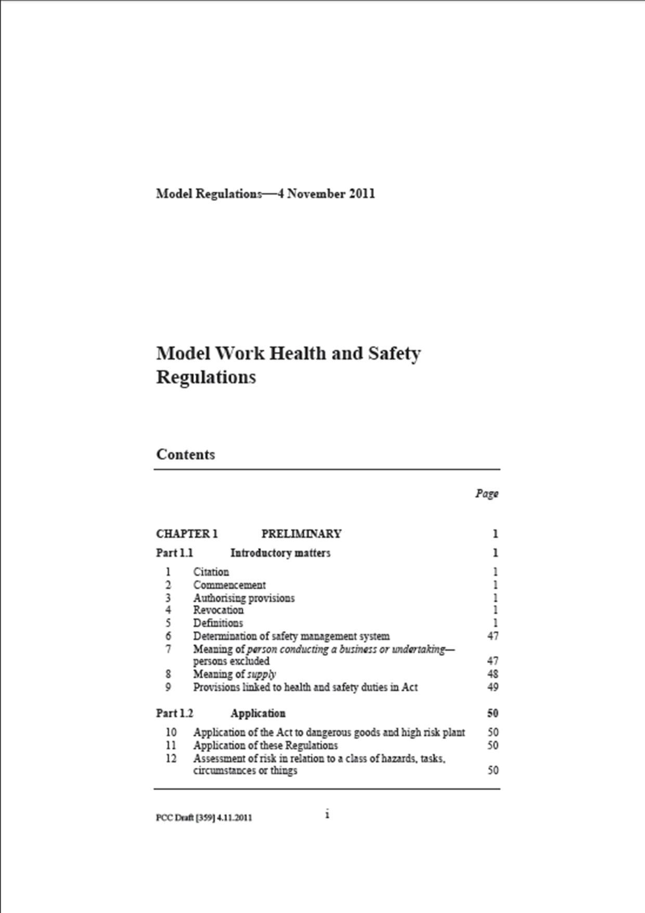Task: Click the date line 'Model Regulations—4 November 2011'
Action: coord(265,194)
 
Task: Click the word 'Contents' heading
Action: coord(185,454)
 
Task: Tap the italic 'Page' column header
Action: coord(486,493)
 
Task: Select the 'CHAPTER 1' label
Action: coord(187,534)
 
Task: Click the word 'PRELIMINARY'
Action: coord(301,534)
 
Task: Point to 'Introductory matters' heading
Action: coord(280,553)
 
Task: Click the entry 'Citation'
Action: coord(211,572)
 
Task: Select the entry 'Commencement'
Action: coord(229,585)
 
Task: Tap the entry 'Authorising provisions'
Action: coord(243,598)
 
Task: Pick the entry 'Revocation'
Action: coord(218,610)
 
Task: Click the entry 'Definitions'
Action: coord(217,623)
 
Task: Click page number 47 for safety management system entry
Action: coord(492,636)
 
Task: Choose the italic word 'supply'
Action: coord(262,674)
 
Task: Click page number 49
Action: coord(492,687)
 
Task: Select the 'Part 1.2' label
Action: coord(174,713)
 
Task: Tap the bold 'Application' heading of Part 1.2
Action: coord(257,713)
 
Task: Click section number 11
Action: coord(171,745)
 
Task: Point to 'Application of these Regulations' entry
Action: coord(265,745)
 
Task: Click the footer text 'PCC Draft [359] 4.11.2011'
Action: coord(204,817)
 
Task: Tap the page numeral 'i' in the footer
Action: coord(327,814)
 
